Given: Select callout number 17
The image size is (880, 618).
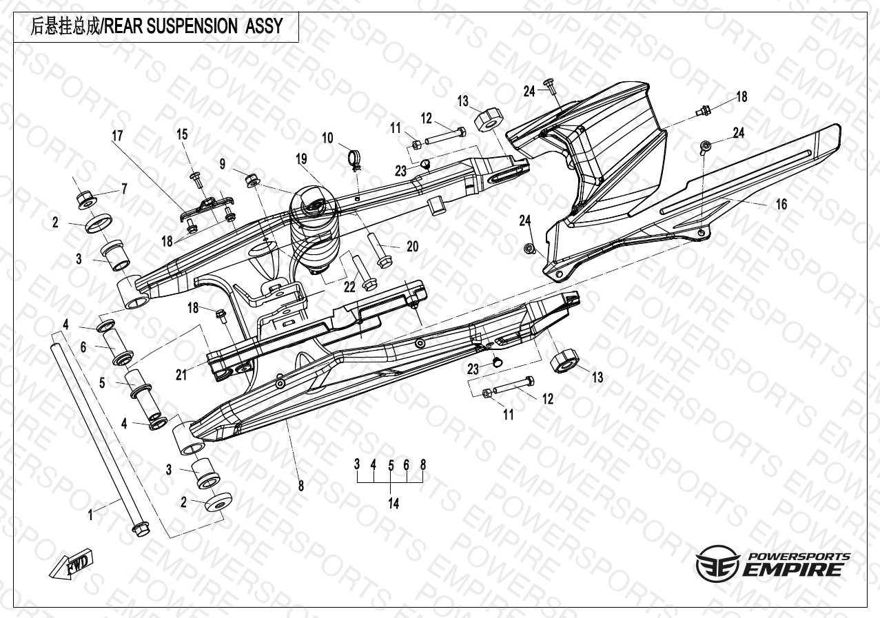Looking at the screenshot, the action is pyautogui.click(x=117, y=136).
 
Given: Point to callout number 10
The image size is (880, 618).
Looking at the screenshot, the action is pyautogui.click(x=327, y=138).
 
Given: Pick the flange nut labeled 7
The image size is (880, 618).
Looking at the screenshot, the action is pyautogui.click(x=86, y=200).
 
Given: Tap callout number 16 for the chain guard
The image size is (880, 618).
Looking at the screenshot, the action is pyautogui.click(x=781, y=205).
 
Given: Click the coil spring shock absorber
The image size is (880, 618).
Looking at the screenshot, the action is pyautogui.click(x=313, y=231).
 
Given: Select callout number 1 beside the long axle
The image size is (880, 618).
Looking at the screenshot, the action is pyautogui.click(x=90, y=515).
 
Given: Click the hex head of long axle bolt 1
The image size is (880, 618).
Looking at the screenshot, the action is pyautogui.click(x=141, y=529).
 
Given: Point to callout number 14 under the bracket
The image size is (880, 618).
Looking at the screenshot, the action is pyautogui.click(x=393, y=503).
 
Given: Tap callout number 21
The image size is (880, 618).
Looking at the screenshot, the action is pyautogui.click(x=181, y=375).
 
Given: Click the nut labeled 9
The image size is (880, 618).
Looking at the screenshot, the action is pyautogui.click(x=252, y=181).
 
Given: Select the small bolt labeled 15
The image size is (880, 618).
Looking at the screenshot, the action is pyautogui.click(x=195, y=181).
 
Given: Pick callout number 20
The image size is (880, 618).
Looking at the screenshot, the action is pyautogui.click(x=413, y=247).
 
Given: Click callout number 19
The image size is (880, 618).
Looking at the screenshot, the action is pyautogui.click(x=301, y=159).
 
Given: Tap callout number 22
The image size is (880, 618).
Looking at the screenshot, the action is pyautogui.click(x=349, y=287).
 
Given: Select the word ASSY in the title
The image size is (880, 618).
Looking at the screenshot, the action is pyautogui.click(x=264, y=26).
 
